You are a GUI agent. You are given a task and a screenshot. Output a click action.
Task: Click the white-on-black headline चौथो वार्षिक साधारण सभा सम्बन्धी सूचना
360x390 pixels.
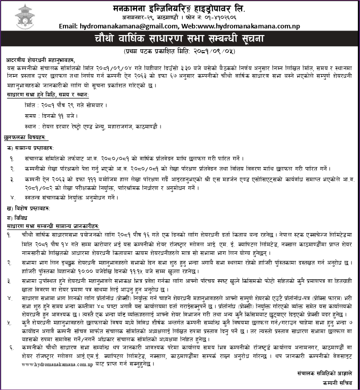click(180, 39)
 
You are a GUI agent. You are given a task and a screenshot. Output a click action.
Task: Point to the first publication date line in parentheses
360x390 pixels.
click(180, 52)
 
